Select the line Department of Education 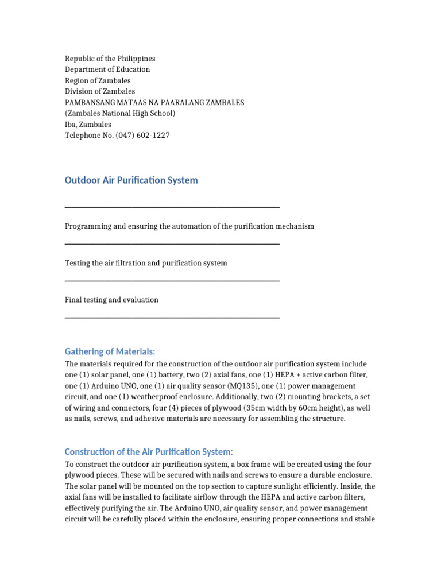(107, 69)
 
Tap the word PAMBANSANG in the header (91, 102)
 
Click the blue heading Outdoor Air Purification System (131, 180)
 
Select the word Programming (88, 226)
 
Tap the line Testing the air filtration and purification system (146, 263)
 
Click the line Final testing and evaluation (111, 300)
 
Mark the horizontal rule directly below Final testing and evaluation (172, 318)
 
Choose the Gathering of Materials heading (110, 351)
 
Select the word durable (322, 475)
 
